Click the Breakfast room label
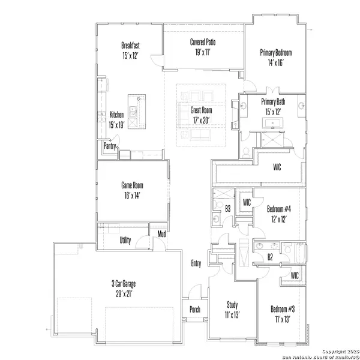(130, 45)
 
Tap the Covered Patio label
(203, 42)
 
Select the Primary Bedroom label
(276, 52)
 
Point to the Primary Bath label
(273, 102)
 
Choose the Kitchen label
(116, 115)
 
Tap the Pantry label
(110, 146)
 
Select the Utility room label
(125, 240)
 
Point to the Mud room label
(161, 233)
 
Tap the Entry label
(196, 263)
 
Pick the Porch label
(194, 310)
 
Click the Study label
(232, 305)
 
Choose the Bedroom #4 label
(279, 209)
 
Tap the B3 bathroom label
(228, 208)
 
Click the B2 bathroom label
(270, 257)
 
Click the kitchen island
(134, 111)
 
